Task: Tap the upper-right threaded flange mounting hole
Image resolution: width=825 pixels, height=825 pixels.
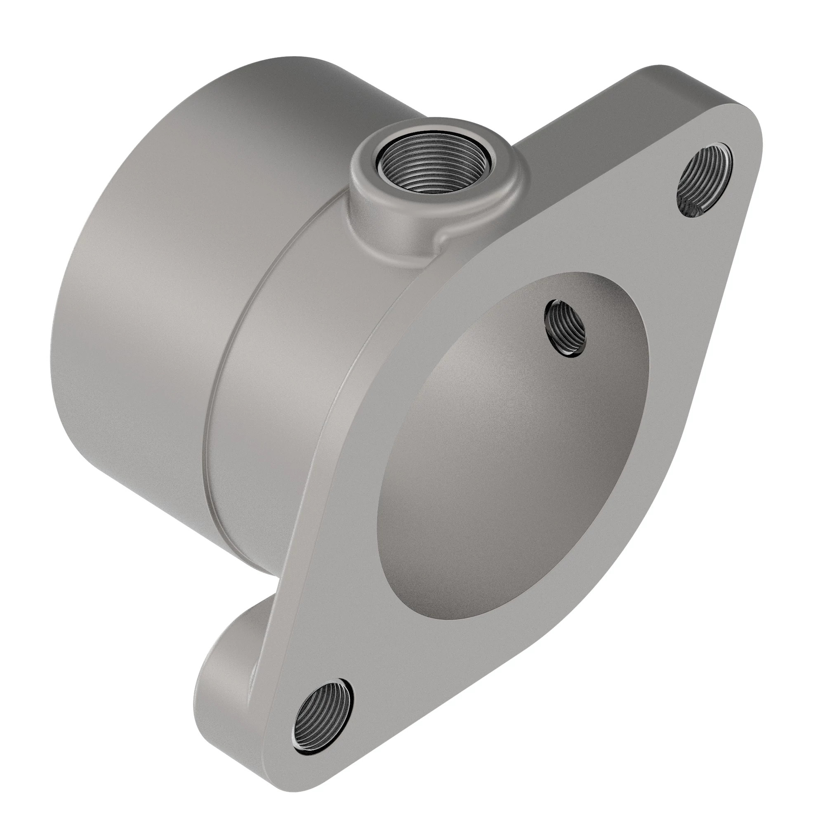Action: pyautogui.click(x=705, y=181)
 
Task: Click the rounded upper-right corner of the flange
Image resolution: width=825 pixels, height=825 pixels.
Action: pyautogui.click(x=743, y=111)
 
